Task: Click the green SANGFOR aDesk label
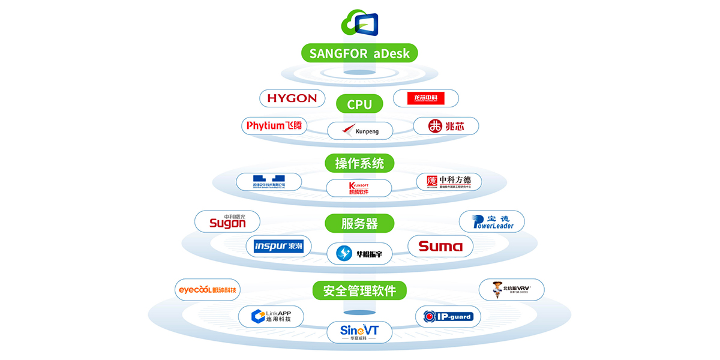(359, 53)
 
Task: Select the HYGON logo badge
(292, 98)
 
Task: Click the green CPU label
(359, 104)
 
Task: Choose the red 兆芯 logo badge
(446, 126)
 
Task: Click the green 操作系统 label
(359, 163)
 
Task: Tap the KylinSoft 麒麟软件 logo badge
(359, 188)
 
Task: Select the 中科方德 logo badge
(449, 182)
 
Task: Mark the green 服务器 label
(359, 224)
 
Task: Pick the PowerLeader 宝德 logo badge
(491, 221)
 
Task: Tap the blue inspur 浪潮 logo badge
(278, 246)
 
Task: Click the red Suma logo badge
(440, 246)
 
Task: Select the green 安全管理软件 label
(359, 291)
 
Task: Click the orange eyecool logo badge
(208, 290)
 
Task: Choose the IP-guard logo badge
(448, 316)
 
